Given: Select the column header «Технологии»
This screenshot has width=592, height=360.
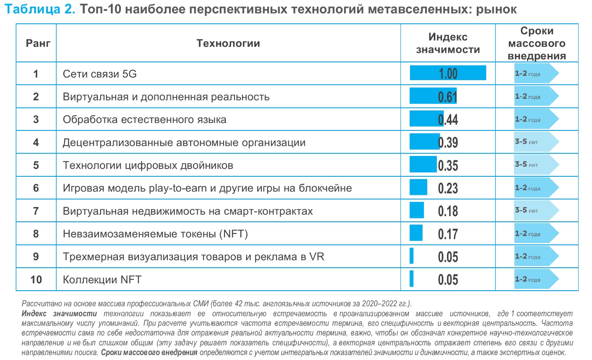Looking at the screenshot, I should pos(228,43).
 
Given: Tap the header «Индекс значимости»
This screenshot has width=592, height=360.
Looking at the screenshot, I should pos(448,43).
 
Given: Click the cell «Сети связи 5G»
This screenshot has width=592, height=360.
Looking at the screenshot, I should pos(99,74).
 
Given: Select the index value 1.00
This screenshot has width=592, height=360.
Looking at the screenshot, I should pos(448,74).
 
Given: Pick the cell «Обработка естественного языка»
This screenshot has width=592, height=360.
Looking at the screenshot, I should pos(144,120).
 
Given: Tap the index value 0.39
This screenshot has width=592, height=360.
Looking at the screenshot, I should pos(448,142).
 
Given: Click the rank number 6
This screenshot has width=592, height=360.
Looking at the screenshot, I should pos(36,188).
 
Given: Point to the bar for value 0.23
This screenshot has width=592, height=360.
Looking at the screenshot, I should pos(418,188).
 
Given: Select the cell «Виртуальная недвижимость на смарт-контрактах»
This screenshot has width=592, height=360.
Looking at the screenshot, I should pos(188,211).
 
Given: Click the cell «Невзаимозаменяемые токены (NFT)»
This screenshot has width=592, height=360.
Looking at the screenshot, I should pos(155,234).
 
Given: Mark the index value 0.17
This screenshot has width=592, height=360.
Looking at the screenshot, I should pos(448,234).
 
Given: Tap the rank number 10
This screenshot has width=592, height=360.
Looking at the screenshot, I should pos(36,279).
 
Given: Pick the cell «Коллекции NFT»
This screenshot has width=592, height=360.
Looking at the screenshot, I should pos(102,279).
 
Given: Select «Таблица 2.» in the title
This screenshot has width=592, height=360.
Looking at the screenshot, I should pos(39,10).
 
